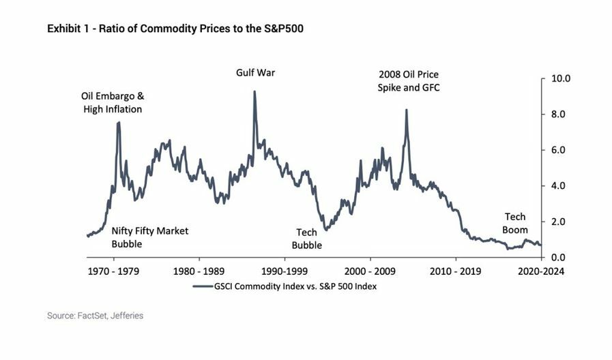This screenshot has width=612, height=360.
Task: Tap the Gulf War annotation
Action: click(255, 72)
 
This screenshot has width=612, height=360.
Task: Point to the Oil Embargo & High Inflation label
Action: click(113, 102)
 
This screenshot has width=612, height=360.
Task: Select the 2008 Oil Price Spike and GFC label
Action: click(409, 81)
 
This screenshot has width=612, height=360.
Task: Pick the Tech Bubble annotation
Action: click(306, 239)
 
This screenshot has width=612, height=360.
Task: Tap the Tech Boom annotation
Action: click(515, 224)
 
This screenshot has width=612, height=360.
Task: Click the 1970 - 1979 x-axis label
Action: click(113, 271)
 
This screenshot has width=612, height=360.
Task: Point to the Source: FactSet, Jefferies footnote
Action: click(96, 316)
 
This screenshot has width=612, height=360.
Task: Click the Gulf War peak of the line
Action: click(254, 92)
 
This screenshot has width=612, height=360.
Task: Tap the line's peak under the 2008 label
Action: click(407, 110)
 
